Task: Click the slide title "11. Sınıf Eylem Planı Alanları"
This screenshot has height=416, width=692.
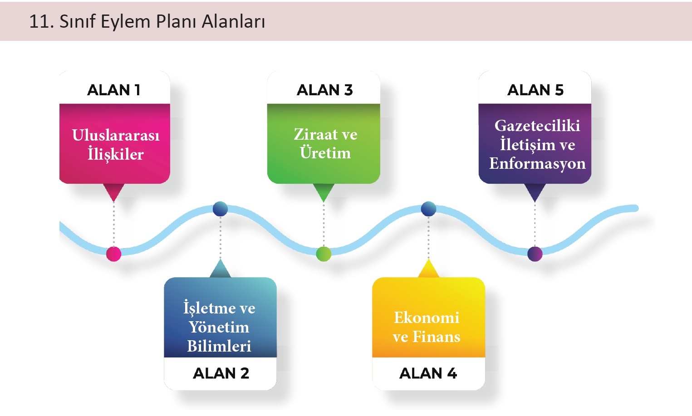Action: [147, 21]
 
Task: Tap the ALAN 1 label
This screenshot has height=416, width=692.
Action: [114, 90]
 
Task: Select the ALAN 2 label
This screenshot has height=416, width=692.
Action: [221, 373]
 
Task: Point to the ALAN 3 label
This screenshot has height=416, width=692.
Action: [324, 90]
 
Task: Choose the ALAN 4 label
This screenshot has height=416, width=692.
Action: [428, 373]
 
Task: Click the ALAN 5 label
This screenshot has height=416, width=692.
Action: [535, 90]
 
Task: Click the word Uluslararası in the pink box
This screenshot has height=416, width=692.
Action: [116, 135]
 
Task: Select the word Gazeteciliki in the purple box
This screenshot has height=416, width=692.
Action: [537, 125]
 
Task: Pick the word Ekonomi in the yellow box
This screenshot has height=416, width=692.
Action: [427, 317]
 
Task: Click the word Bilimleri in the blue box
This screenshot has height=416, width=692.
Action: [219, 346]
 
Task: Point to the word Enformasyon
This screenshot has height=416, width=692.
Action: [537, 163]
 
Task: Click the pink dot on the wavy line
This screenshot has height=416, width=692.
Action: [113, 254]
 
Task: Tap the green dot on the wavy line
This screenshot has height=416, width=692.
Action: [324, 254]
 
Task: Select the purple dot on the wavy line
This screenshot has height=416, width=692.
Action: [535, 254]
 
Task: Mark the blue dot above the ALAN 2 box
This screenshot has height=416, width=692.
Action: [220, 209]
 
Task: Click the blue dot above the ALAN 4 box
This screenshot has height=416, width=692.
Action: [428, 209]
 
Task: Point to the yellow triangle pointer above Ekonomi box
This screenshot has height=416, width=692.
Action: [428, 269]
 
